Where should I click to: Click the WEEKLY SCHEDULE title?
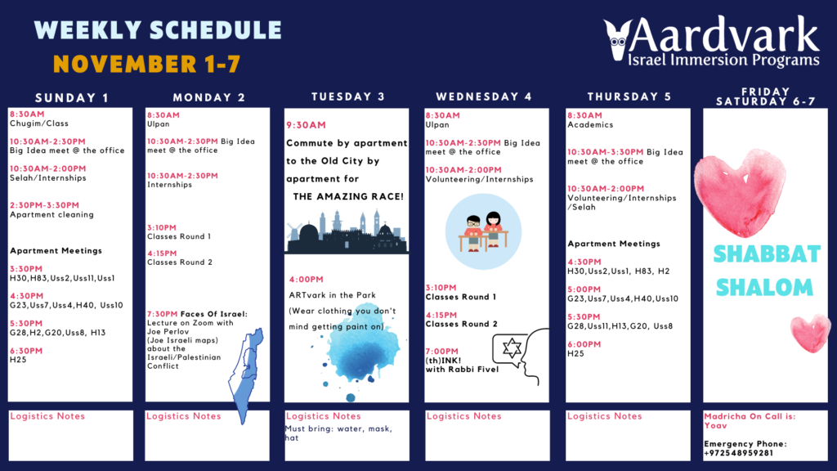click(158, 30)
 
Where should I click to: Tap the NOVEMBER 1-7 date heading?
click(147, 64)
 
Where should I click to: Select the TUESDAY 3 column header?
click(348, 96)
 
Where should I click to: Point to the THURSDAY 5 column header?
click(629, 96)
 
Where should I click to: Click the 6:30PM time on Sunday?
click(26, 351)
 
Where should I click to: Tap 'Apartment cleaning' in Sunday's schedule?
click(51, 215)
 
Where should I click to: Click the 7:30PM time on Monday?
click(163, 314)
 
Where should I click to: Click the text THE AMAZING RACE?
click(348, 196)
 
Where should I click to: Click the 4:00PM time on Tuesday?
click(307, 280)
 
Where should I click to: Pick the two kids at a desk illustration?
click(483, 231)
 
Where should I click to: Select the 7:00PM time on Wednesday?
click(442, 352)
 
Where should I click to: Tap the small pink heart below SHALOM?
click(810, 334)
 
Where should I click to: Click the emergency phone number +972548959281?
click(738, 453)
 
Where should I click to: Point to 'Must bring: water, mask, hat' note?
click(338, 433)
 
